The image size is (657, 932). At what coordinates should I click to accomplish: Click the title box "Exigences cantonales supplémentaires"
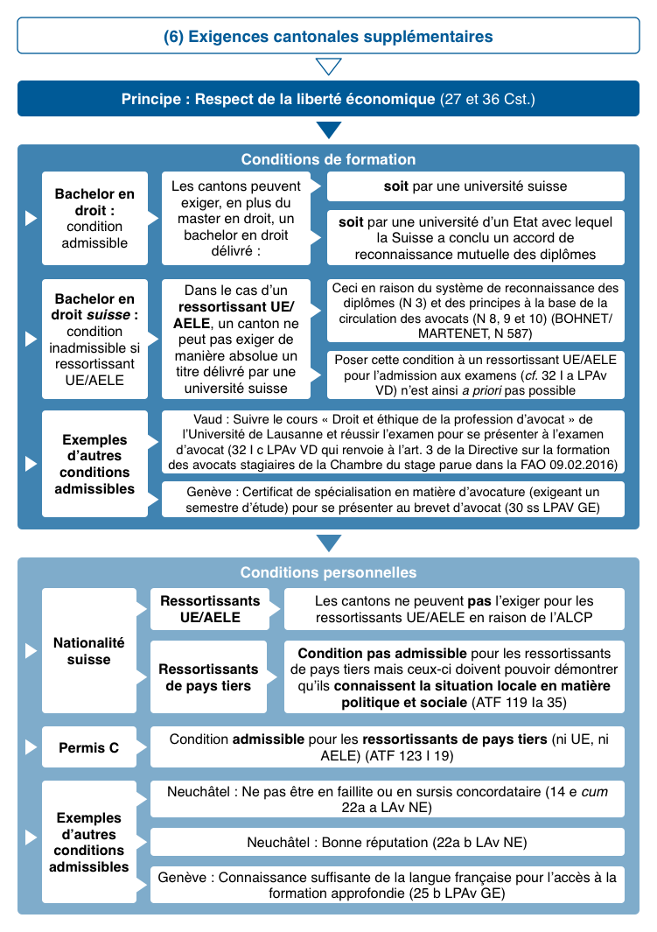pos(328,37)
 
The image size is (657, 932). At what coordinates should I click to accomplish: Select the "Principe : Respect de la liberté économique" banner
pos(328,99)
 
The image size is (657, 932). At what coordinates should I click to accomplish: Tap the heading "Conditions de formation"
pos(328,159)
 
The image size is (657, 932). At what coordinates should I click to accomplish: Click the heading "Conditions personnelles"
pos(328,572)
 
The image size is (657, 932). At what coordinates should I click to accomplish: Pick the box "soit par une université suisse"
pos(475,186)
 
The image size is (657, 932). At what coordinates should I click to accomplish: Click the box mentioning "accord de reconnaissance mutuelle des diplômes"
pos(475,237)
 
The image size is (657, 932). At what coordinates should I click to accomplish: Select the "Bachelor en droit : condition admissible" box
pos(94,218)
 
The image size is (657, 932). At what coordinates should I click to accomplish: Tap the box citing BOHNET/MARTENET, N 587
pos(475,311)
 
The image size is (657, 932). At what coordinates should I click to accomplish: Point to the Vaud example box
pos(393,442)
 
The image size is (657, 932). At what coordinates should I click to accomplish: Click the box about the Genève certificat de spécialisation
pos(393,499)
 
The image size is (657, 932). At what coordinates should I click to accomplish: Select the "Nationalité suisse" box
pos(88,651)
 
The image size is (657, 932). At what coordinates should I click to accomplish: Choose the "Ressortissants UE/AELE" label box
pos(209,609)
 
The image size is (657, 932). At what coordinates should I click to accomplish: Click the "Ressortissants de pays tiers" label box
pos(209,678)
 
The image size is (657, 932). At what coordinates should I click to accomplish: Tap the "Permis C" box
pos(88,748)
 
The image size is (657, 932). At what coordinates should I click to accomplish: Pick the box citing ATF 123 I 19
pos(388,746)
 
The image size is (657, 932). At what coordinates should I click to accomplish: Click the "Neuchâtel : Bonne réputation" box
pos(388,843)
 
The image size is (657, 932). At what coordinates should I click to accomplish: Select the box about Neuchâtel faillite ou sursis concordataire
pos(388,799)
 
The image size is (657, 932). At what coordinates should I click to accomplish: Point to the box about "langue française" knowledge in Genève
pos(388,886)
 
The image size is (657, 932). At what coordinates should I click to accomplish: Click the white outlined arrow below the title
pos(328,67)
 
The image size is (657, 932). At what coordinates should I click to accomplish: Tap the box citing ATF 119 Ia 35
pos(454,678)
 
